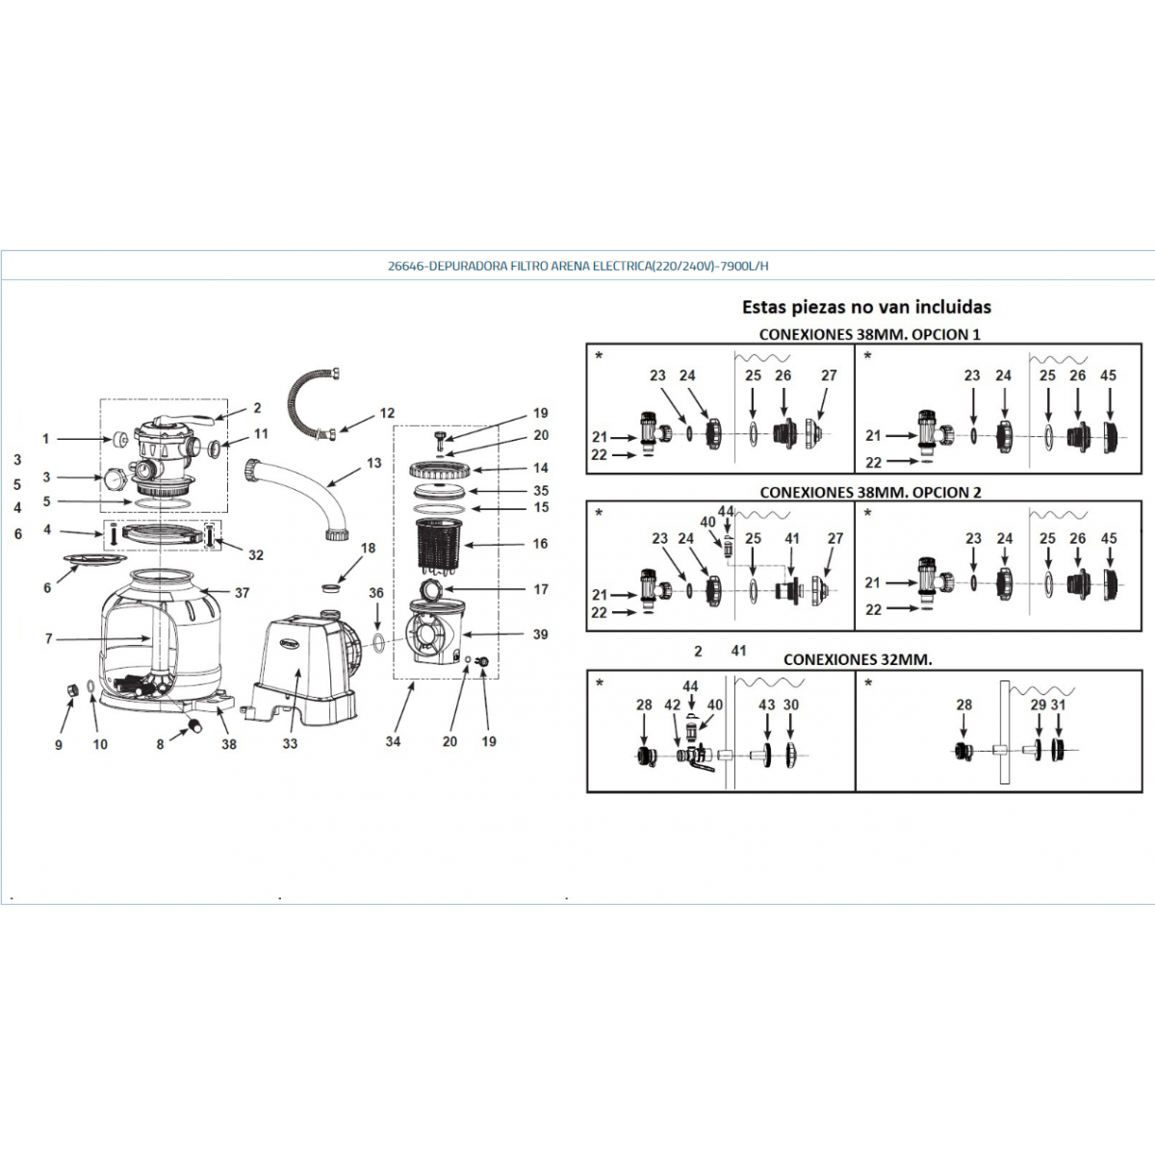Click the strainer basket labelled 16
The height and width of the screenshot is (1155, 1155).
[441, 545]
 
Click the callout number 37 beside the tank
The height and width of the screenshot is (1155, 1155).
[242, 593]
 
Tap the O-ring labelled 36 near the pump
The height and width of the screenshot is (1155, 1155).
[378, 644]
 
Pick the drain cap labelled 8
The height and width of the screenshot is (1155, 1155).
[194, 726]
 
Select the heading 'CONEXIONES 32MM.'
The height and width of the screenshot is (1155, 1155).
[858, 659]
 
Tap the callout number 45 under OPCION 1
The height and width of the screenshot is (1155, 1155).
[1108, 375]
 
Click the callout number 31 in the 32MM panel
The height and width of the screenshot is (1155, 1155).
[1059, 705]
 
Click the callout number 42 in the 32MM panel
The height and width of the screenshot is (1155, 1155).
[673, 705]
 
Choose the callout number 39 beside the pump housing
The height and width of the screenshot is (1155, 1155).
[540, 634]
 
